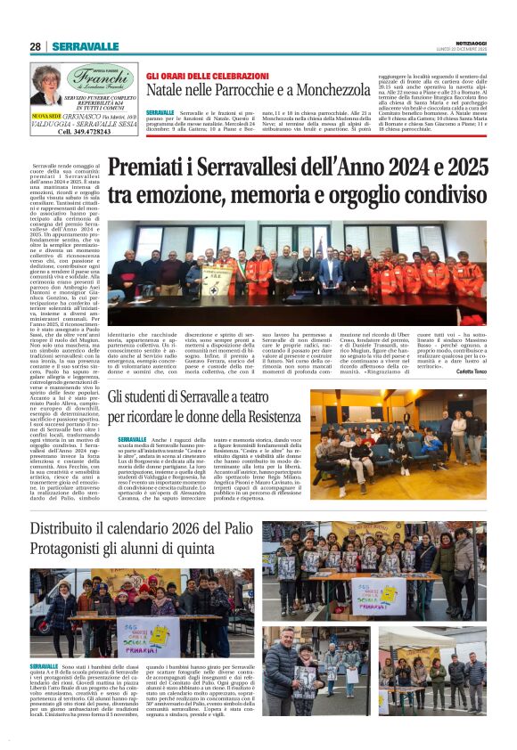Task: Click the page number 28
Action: click(36, 46)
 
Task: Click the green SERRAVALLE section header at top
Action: click(85, 46)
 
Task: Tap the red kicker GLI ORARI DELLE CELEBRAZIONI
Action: click(207, 76)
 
